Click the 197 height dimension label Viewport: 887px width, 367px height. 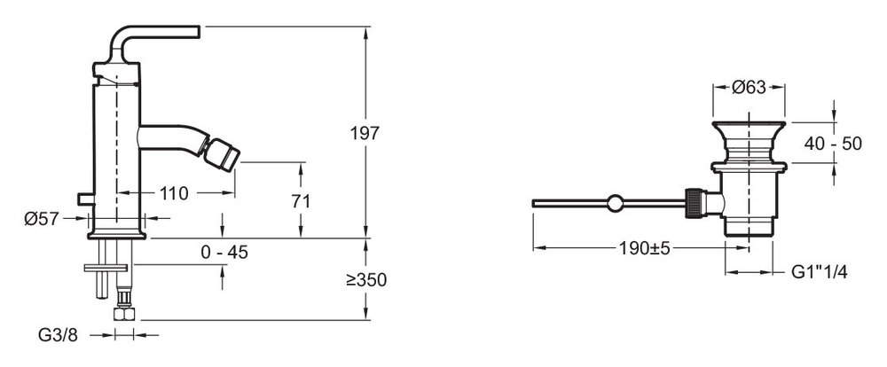[x=365, y=134]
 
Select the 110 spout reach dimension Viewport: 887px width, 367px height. [x=174, y=193]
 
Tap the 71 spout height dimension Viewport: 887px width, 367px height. [x=301, y=201]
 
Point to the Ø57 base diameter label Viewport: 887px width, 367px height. [x=42, y=218]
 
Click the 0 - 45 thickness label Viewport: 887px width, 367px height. [x=224, y=253]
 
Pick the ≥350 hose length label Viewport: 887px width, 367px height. [x=366, y=279]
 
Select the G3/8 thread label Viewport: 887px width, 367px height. [x=58, y=335]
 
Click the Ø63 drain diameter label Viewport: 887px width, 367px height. [x=749, y=87]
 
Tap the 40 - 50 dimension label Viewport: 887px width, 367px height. [x=833, y=144]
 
